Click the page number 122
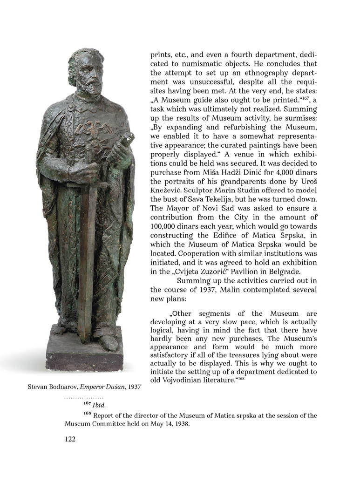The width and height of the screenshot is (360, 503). click(70, 438)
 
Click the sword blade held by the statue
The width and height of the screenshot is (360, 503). click(87, 261)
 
